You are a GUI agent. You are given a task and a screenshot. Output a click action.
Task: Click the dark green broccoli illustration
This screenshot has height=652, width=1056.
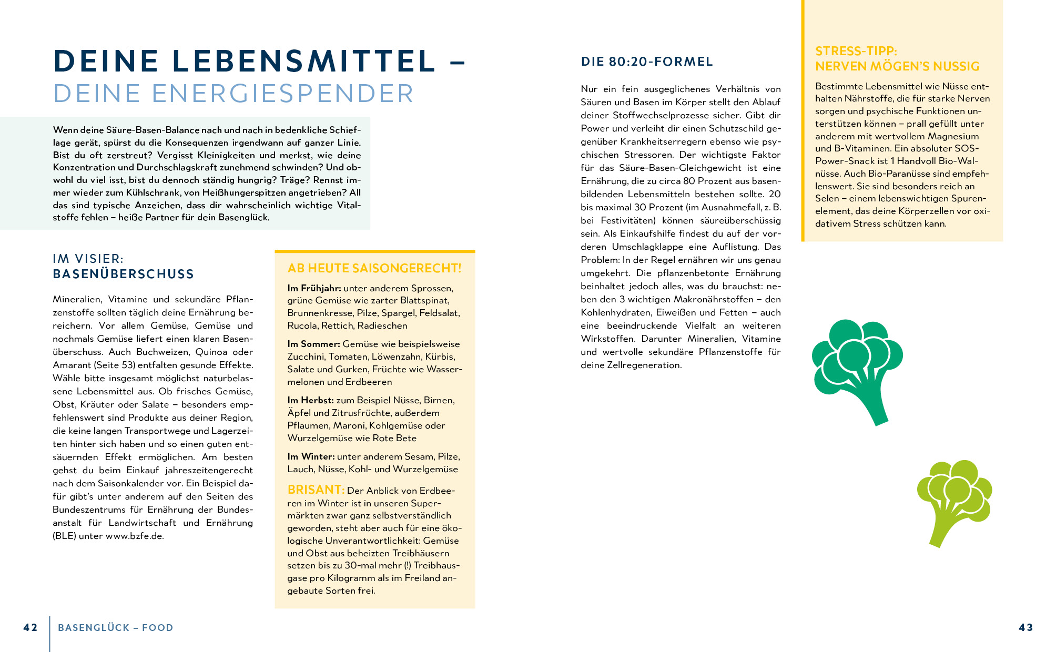pyautogui.click(x=857, y=368)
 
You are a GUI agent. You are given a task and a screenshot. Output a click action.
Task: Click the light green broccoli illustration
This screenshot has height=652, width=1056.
pyautogui.click(x=953, y=500)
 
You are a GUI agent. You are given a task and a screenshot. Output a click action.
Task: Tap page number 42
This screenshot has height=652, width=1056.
pyautogui.click(x=31, y=627)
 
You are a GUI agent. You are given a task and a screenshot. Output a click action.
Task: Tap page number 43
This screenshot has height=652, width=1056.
pyautogui.click(x=1025, y=627)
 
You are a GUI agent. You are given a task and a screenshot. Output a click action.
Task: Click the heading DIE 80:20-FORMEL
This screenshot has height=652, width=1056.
pyautogui.click(x=647, y=62)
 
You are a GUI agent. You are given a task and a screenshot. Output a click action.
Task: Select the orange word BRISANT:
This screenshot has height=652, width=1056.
pyautogui.click(x=316, y=490)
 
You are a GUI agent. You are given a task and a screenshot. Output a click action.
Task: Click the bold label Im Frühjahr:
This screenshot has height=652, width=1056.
pyautogui.click(x=314, y=288)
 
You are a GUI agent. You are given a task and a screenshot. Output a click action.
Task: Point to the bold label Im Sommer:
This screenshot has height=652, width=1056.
pyautogui.click(x=313, y=344)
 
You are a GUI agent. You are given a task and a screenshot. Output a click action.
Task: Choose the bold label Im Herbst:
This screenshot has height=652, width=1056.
pyautogui.click(x=310, y=400)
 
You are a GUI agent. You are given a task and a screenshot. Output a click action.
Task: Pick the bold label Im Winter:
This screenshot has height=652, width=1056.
pyautogui.click(x=311, y=456)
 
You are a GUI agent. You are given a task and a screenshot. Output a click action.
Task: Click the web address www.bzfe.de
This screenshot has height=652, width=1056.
pyautogui.click(x=135, y=536)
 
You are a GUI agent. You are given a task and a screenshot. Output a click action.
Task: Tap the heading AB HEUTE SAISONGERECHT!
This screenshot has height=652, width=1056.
pyautogui.click(x=374, y=268)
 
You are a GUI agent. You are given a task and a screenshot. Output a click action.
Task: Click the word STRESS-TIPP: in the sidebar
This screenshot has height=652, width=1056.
pyautogui.click(x=856, y=51)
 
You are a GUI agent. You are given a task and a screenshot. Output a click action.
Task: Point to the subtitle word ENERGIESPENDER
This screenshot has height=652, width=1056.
pyautogui.click(x=282, y=94)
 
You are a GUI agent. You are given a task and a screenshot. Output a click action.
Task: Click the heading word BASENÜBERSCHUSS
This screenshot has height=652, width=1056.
pyautogui.click(x=123, y=274)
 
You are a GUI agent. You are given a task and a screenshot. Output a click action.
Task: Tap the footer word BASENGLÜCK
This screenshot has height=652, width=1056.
pyautogui.click(x=94, y=627)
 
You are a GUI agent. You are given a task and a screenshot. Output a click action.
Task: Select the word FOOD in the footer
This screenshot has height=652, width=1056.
pyautogui.click(x=157, y=627)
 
